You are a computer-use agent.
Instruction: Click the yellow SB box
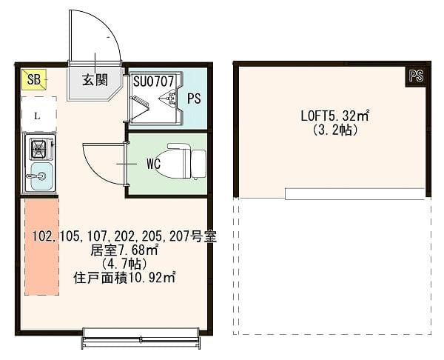(x=34, y=79)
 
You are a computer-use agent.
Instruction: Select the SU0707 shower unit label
(x=153, y=80)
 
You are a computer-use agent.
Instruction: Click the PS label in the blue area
(x=194, y=99)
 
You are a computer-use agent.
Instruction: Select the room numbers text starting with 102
(x=124, y=237)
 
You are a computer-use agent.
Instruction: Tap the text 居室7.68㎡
(x=124, y=250)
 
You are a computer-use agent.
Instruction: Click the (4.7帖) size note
(x=124, y=264)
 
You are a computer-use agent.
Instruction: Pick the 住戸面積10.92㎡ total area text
(x=124, y=278)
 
